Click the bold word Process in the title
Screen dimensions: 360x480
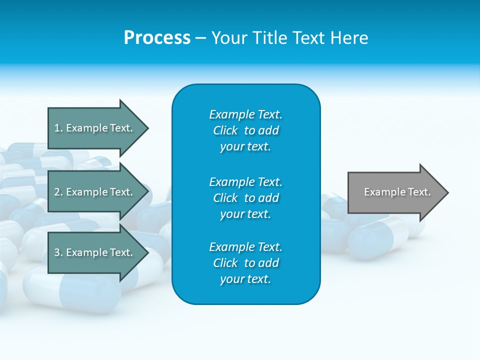pos(157,38)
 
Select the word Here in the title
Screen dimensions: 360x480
pos(349,38)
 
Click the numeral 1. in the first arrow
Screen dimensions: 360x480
pos(58,128)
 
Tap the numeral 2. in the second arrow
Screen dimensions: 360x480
pos(58,192)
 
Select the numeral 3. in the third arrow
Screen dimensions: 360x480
pos(58,252)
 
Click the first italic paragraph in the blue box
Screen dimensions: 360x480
pos(245,130)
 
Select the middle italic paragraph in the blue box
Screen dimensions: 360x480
pos(245,198)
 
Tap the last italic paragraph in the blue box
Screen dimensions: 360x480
pos(245,263)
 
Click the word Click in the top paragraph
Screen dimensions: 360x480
pos(225,130)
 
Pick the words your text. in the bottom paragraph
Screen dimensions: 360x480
pos(245,279)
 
